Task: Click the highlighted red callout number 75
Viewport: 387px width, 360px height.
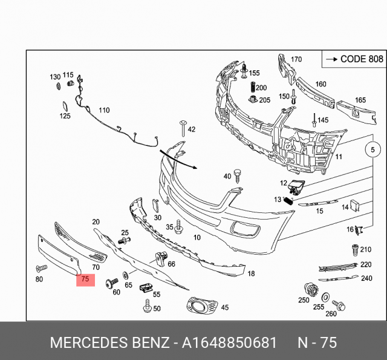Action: (85, 279)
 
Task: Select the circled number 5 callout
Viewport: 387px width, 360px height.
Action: (373, 149)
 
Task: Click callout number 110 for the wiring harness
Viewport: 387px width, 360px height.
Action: (104, 111)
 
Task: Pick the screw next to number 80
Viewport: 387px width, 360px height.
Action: (41, 267)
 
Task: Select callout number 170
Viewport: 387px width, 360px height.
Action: (296, 59)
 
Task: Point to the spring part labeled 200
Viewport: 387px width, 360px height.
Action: (254, 88)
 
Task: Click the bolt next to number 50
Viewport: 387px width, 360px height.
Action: (146, 308)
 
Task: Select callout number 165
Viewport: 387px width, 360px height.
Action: (360, 100)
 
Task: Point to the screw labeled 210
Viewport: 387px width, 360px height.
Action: (354, 249)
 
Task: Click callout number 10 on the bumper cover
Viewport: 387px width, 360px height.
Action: (197, 238)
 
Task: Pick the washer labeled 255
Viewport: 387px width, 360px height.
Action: (325, 296)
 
